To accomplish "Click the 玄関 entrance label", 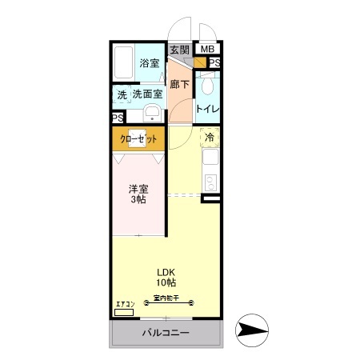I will click(179, 50).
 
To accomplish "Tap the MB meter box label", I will click(207, 50).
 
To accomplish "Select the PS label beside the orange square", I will click(215, 62).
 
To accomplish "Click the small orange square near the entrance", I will click(199, 62).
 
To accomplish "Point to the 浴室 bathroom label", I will click(149, 62).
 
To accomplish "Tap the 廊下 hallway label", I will click(179, 83).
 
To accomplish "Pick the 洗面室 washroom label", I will click(148, 94).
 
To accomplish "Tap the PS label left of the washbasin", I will click(118, 118).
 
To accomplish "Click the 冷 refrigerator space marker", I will click(210, 138).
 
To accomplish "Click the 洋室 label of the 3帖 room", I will click(138, 190).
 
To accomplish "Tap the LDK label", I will click(166, 271).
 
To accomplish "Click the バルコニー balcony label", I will click(166, 333).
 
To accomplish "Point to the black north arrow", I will click(253, 330).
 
